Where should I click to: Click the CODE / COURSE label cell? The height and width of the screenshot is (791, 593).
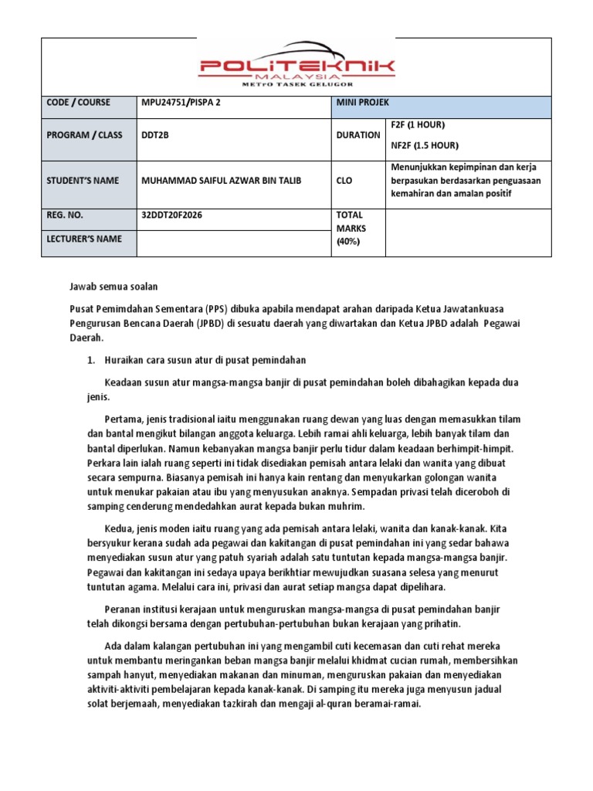[x=78, y=103]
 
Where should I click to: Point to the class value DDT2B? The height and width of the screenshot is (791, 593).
[x=155, y=135]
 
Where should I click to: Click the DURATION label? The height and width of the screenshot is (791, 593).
[x=358, y=135]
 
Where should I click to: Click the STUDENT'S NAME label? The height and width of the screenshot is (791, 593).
[x=83, y=180]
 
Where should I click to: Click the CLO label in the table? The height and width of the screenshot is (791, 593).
[x=344, y=180]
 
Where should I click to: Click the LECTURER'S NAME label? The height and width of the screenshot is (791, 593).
[x=83, y=239]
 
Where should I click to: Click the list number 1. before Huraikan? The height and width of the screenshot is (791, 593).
[x=89, y=360]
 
